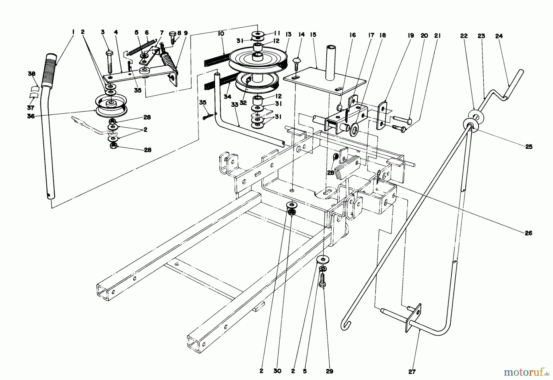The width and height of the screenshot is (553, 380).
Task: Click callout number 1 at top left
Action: (73, 32)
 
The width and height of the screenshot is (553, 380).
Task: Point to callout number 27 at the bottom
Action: (412, 372)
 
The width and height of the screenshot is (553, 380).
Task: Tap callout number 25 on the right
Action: (528, 147)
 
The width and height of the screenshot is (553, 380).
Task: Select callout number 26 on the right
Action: (528, 233)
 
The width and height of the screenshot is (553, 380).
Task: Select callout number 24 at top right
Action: (499, 36)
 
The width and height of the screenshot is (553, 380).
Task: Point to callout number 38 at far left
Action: (32, 74)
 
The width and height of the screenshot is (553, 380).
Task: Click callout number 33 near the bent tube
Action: (235, 104)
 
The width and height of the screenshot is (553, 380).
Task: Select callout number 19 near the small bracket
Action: (411, 36)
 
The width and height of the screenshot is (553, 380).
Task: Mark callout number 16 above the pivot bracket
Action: (352, 35)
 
